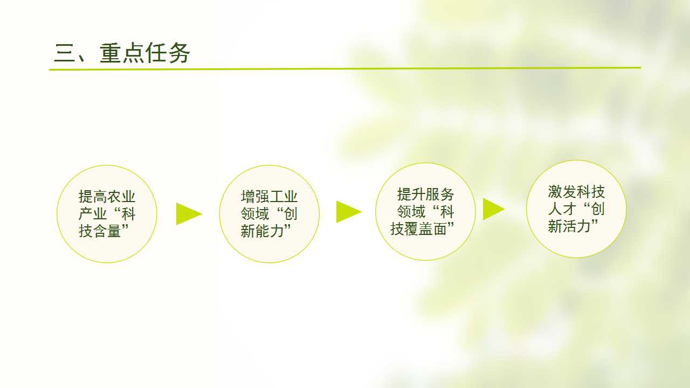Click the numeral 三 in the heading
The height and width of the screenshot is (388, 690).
point(64,53)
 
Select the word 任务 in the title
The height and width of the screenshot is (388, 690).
point(167,53)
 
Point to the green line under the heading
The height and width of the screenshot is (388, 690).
point(345,68)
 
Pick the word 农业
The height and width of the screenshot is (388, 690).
point(121,197)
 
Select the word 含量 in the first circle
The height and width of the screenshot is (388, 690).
point(107,231)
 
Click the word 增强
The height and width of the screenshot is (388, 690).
point(255,197)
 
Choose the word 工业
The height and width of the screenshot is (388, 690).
point(284,197)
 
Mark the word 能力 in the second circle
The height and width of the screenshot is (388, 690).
point(269,231)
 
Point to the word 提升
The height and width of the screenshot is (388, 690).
point(411,195)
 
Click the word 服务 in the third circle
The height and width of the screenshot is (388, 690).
point(439,195)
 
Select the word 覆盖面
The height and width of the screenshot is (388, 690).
point(425,229)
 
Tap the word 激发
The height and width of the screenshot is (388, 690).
point(562,192)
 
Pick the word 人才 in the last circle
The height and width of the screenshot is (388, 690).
point(562,209)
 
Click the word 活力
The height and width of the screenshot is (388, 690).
point(576,226)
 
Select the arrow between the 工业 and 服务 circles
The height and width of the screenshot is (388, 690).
point(348,212)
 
